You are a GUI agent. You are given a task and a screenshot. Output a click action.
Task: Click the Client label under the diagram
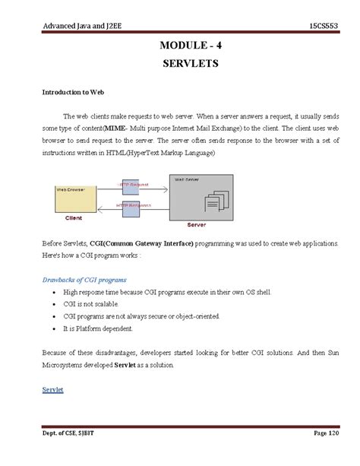click(74, 217)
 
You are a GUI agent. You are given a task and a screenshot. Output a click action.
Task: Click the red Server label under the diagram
click(197, 225)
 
